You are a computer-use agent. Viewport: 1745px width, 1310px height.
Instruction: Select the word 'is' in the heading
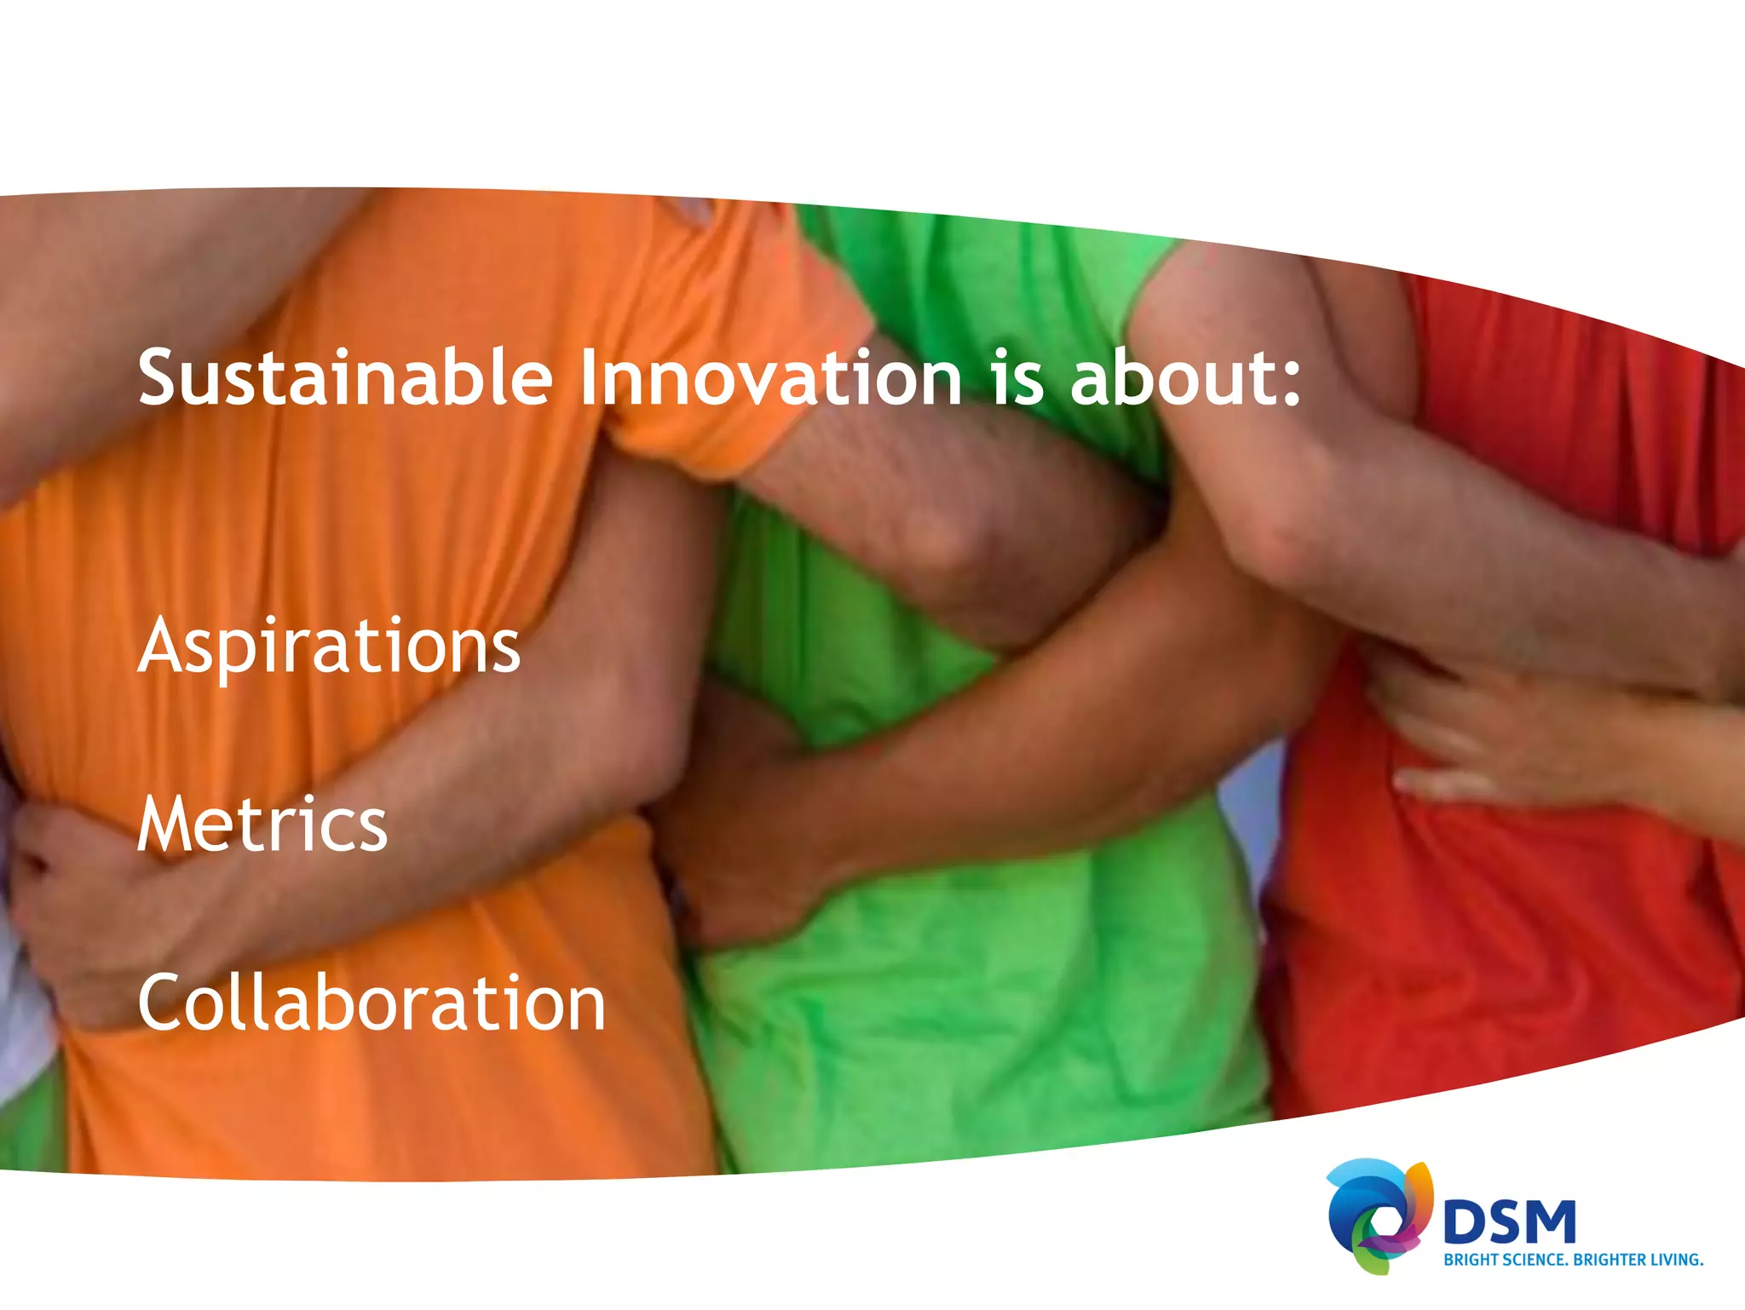1017,379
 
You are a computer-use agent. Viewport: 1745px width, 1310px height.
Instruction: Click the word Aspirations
329,647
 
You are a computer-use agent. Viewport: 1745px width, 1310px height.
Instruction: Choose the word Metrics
262,824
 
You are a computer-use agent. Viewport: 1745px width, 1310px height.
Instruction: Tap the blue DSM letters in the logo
1509,1223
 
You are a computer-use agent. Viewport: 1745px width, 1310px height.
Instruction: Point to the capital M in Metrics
170,824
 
